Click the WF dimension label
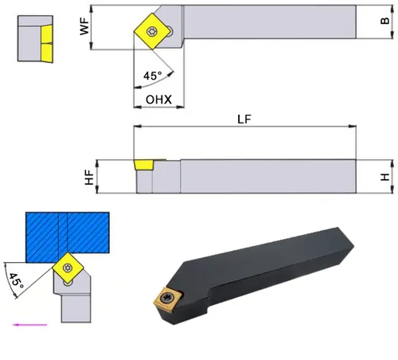pyautogui.click(x=84, y=26)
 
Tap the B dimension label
pyautogui.click(x=384, y=21)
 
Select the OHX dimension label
pyautogui.click(x=158, y=100)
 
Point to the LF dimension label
pyautogui.click(x=244, y=119)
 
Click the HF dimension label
pyautogui.click(x=89, y=178)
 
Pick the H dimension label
pyautogui.click(x=384, y=177)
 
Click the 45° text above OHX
pyautogui.click(x=153, y=76)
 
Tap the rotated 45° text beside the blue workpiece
pyautogui.click(x=16, y=281)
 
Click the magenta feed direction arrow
pyautogui.click(x=30, y=324)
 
